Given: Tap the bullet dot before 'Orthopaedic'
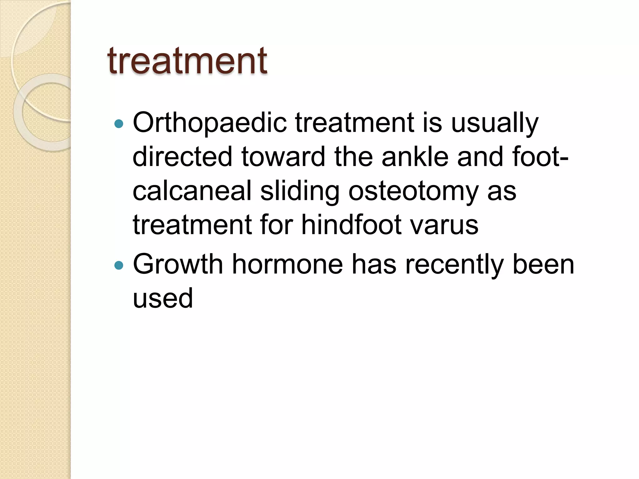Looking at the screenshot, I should click(119, 124).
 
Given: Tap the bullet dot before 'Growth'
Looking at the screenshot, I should click(119, 265).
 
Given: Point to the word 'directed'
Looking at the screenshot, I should click(183, 157).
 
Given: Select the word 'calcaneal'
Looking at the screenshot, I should click(192, 191).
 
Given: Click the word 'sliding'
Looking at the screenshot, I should click(300, 191).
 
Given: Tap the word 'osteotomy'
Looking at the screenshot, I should click(413, 191).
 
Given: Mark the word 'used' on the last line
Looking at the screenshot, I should click(163, 298).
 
